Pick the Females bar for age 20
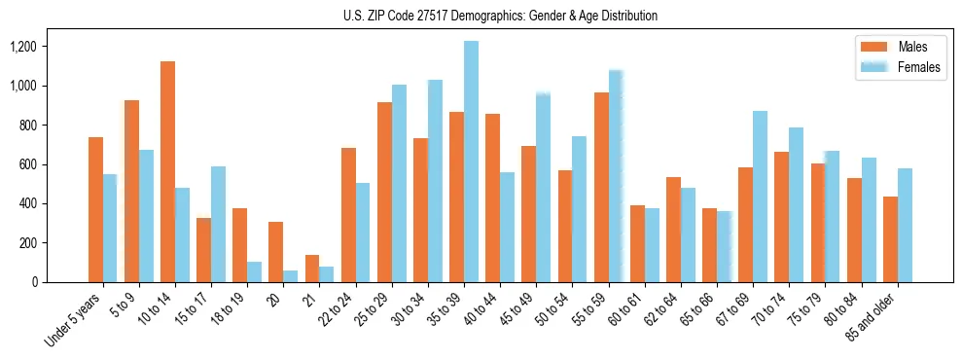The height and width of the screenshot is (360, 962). click(291, 276)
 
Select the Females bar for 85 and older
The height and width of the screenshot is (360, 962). click(905, 225)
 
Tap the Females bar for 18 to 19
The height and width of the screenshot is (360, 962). click(254, 271)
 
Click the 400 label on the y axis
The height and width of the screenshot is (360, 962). click(54, 203)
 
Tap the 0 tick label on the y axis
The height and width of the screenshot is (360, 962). click(61, 282)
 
